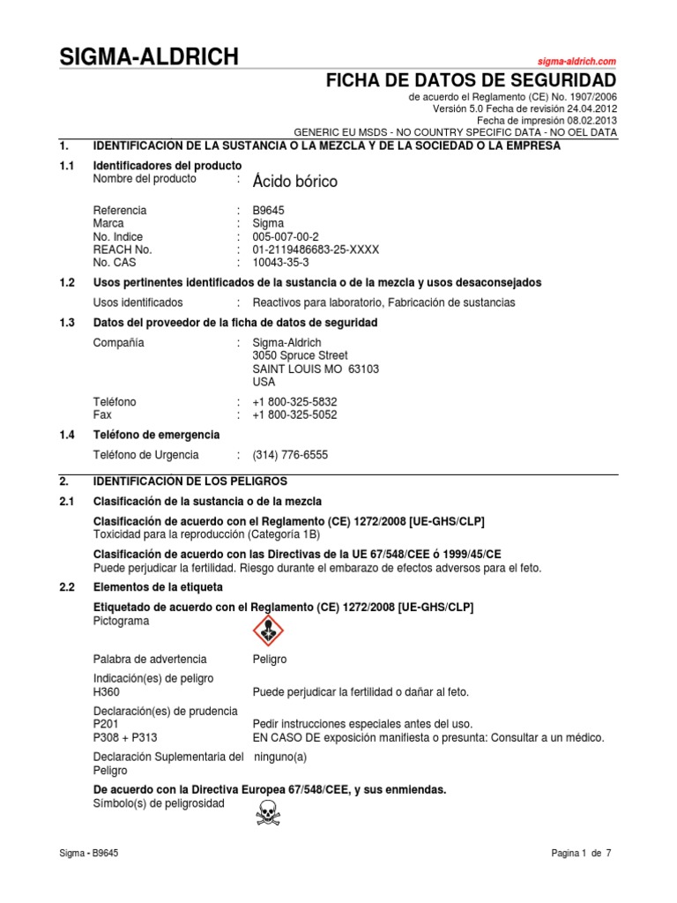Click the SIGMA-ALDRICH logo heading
tap(148, 57)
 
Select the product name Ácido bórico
tap(294, 182)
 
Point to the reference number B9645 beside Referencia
tap(269, 211)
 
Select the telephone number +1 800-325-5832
tap(294, 401)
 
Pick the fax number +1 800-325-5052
tap(294, 414)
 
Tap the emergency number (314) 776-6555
tap(290, 455)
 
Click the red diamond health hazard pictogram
tap(269, 630)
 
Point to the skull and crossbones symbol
tap(268, 812)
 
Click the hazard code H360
tap(106, 692)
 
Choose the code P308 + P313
tap(125, 737)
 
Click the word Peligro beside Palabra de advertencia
tap(269, 660)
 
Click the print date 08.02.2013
tap(588, 120)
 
